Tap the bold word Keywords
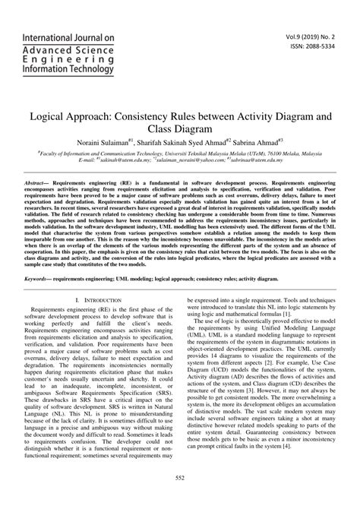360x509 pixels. pyautogui.click(x=38, y=280)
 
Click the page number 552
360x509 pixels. pyautogui.click(x=180, y=497)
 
